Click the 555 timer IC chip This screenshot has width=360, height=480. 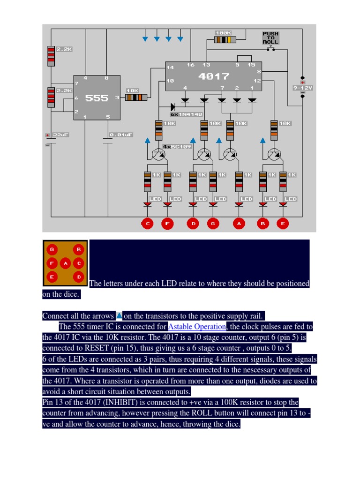click(96, 98)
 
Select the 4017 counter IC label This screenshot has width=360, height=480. click(214, 76)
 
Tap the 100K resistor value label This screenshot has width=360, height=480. click(224, 33)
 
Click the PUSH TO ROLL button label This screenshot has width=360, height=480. click(270, 38)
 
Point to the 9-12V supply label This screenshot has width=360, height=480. click(302, 88)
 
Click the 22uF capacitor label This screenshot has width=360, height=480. click(60, 135)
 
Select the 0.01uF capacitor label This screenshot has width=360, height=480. click(121, 135)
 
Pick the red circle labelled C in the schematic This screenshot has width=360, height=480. click(148, 224)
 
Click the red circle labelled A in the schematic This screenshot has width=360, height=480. click(239, 224)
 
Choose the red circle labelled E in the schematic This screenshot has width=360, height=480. click(283, 224)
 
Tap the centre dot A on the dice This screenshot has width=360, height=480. click(66, 263)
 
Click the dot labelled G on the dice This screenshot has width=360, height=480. click(52, 250)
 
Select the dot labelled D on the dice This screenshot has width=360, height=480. click(79, 277)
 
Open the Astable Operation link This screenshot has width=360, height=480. click(197, 326)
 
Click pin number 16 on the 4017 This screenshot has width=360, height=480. click(190, 65)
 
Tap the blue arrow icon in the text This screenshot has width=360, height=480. click(119, 315)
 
